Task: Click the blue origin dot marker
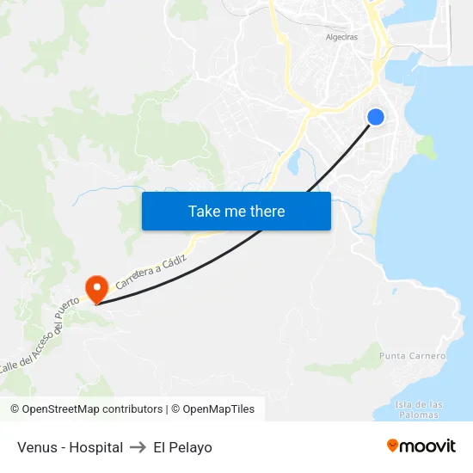pyautogui.click(x=375, y=117)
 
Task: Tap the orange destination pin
pyautogui.click(x=96, y=287)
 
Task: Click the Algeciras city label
pyautogui.click(x=341, y=37)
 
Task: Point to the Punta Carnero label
pyautogui.click(x=412, y=356)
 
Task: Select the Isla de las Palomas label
pyautogui.click(x=420, y=409)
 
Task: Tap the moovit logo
pyautogui.click(x=421, y=445)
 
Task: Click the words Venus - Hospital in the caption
pyautogui.click(x=70, y=447)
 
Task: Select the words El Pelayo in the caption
pyautogui.click(x=182, y=447)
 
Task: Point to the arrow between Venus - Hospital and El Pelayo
pyautogui.click(x=138, y=447)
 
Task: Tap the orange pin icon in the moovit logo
pyautogui.click(x=392, y=445)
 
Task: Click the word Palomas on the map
pyautogui.click(x=420, y=415)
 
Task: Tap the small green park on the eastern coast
pyautogui.click(x=425, y=146)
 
